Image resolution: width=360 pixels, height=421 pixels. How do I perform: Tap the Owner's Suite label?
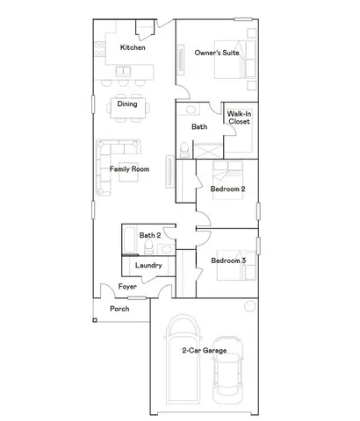pyautogui.click(x=217, y=54)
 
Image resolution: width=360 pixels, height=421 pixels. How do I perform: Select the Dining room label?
pyautogui.click(x=127, y=104)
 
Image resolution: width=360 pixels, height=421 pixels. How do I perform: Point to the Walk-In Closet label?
pyautogui.click(x=239, y=118)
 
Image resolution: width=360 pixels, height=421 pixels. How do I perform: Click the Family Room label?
pyautogui.click(x=129, y=168)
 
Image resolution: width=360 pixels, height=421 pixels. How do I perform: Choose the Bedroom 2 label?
pyautogui.click(x=227, y=189)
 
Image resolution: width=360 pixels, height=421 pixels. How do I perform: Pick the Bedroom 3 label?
pyautogui.click(x=227, y=260)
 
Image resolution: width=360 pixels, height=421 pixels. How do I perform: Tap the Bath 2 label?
pyautogui.click(x=150, y=235)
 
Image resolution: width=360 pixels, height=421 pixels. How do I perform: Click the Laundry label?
pyautogui.click(x=148, y=266)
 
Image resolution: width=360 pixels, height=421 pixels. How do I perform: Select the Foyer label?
pyautogui.click(x=128, y=286)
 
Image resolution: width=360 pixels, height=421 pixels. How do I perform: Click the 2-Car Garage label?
pyautogui.click(x=204, y=351)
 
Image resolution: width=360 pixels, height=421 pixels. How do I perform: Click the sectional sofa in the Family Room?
pyautogui.click(x=108, y=167)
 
